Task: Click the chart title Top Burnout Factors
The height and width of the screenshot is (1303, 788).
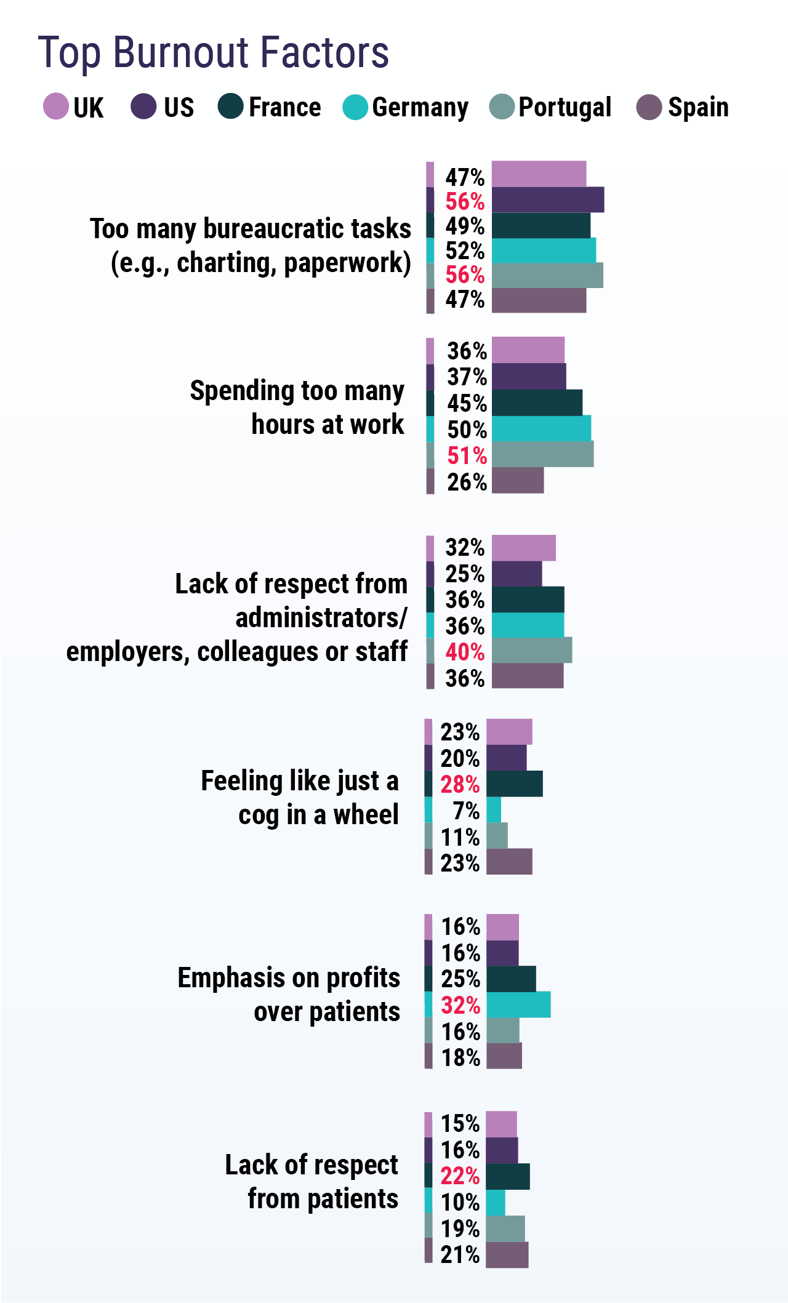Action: click(x=213, y=52)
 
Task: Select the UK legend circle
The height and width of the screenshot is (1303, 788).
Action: click(x=56, y=106)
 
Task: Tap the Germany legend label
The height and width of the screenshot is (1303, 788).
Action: click(x=420, y=107)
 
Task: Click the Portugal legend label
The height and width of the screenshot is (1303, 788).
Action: click(x=565, y=107)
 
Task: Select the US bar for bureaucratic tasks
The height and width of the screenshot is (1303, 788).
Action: click(x=547, y=200)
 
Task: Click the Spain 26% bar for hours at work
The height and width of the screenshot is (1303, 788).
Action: click(x=518, y=481)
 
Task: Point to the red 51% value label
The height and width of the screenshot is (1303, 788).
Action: click(x=467, y=455)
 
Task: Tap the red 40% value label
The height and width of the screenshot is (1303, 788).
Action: click(x=465, y=652)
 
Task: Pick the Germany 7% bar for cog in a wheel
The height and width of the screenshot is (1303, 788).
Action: click(x=494, y=810)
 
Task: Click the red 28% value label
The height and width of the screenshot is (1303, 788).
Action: click(x=460, y=784)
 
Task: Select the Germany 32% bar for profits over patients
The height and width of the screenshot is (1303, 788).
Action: click(x=518, y=1004)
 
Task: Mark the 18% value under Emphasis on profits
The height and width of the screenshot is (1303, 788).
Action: click(x=460, y=1057)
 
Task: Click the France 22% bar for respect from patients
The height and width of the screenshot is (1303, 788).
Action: click(x=508, y=1176)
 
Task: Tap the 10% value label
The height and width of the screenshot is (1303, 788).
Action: click(x=460, y=1202)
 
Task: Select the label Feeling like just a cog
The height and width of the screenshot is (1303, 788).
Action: click(x=300, y=797)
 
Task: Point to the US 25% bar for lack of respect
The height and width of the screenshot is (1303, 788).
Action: click(x=517, y=574)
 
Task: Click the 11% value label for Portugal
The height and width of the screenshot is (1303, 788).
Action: click(x=460, y=837)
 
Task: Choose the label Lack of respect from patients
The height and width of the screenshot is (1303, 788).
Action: click(x=312, y=1182)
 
